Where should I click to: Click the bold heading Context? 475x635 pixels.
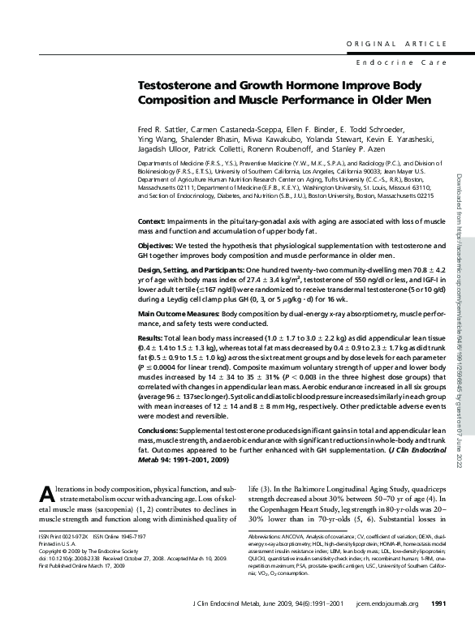click(152, 221)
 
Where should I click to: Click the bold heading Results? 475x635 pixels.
click(150, 334)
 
